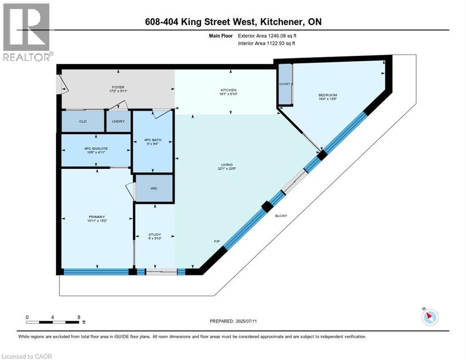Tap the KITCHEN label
229,90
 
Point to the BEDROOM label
327,96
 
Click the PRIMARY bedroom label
97,217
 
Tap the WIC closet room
154,188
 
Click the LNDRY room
118,121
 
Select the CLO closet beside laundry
83,121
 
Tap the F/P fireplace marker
217,241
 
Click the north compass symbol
429,317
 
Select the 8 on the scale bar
79,317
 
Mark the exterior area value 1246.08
272,36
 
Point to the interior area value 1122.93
271,44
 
